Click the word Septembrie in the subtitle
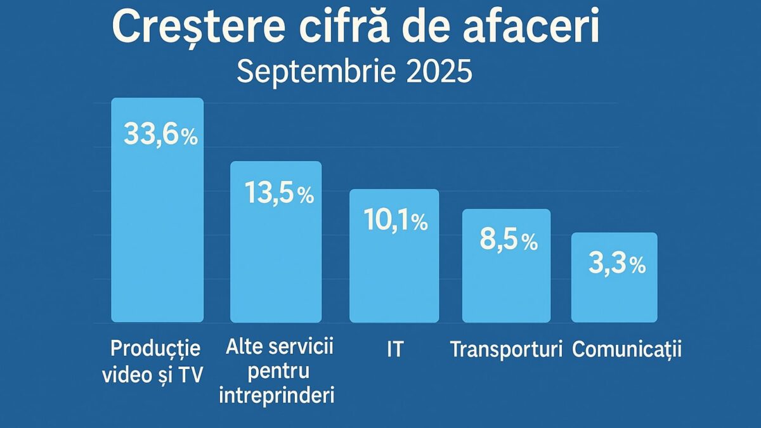(311, 72)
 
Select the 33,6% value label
(161, 134)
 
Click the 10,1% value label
(396, 220)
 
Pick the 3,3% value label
(616, 265)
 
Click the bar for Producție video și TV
(157, 254)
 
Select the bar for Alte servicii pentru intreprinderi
(276, 279)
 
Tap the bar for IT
(394, 285)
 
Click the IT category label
(394, 349)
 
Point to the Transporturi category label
(506, 349)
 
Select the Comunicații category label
(627, 349)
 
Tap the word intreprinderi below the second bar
(276, 396)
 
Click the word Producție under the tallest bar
(155, 348)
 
